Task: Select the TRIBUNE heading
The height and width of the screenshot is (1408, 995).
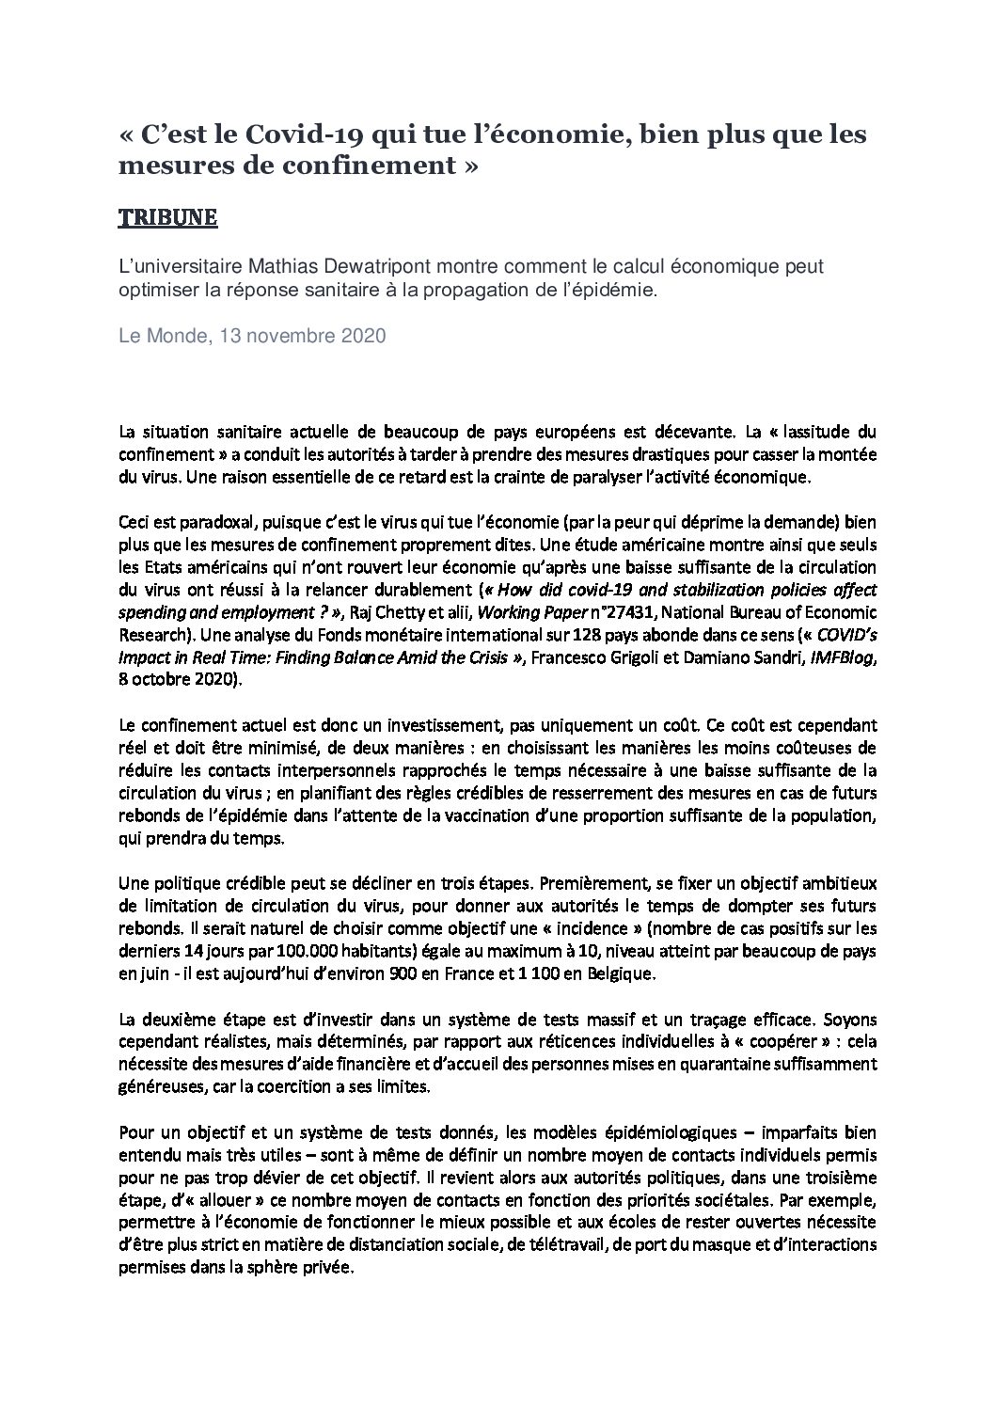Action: click(168, 218)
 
